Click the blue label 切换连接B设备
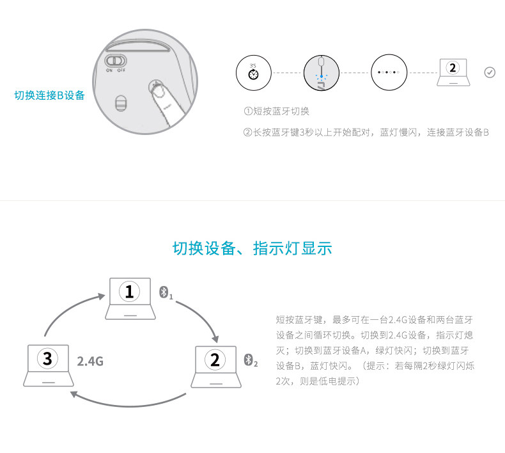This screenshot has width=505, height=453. (50, 96)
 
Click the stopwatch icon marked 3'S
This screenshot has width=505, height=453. (254, 72)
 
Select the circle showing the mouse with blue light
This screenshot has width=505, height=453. (322, 72)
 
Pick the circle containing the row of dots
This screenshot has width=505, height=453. (389, 72)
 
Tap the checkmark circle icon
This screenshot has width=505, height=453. (490, 72)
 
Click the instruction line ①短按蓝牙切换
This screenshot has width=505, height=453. (276, 111)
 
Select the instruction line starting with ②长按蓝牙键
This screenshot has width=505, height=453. (366, 132)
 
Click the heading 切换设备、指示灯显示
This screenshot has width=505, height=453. (252, 248)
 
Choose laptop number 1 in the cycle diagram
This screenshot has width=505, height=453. (130, 298)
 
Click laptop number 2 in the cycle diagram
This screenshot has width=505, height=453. (215, 365)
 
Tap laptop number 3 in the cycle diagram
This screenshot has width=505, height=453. (48, 365)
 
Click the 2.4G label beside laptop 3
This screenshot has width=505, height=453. (90, 362)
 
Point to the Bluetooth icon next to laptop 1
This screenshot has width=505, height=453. (164, 292)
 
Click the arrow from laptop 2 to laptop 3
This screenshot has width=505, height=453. (128, 401)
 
